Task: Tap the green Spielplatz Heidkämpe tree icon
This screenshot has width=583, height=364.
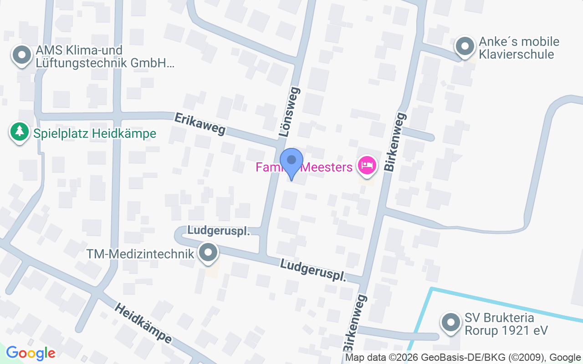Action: [19, 132]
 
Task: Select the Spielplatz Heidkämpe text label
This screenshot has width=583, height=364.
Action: [95, 134]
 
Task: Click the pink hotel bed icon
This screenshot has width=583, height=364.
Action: [367, 165]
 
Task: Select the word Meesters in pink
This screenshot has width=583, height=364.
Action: [327, 167]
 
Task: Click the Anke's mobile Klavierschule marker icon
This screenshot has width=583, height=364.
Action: [465, 46]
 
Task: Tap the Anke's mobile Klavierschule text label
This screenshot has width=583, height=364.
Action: [519, 48]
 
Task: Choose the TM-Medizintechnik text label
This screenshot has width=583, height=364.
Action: [141, 254]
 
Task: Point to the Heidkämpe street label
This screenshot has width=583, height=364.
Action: [143, 324]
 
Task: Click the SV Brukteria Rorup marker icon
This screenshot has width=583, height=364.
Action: [451, 323]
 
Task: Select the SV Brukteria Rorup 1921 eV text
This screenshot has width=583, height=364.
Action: [506, 324]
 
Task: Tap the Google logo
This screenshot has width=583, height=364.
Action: [31, 353]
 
